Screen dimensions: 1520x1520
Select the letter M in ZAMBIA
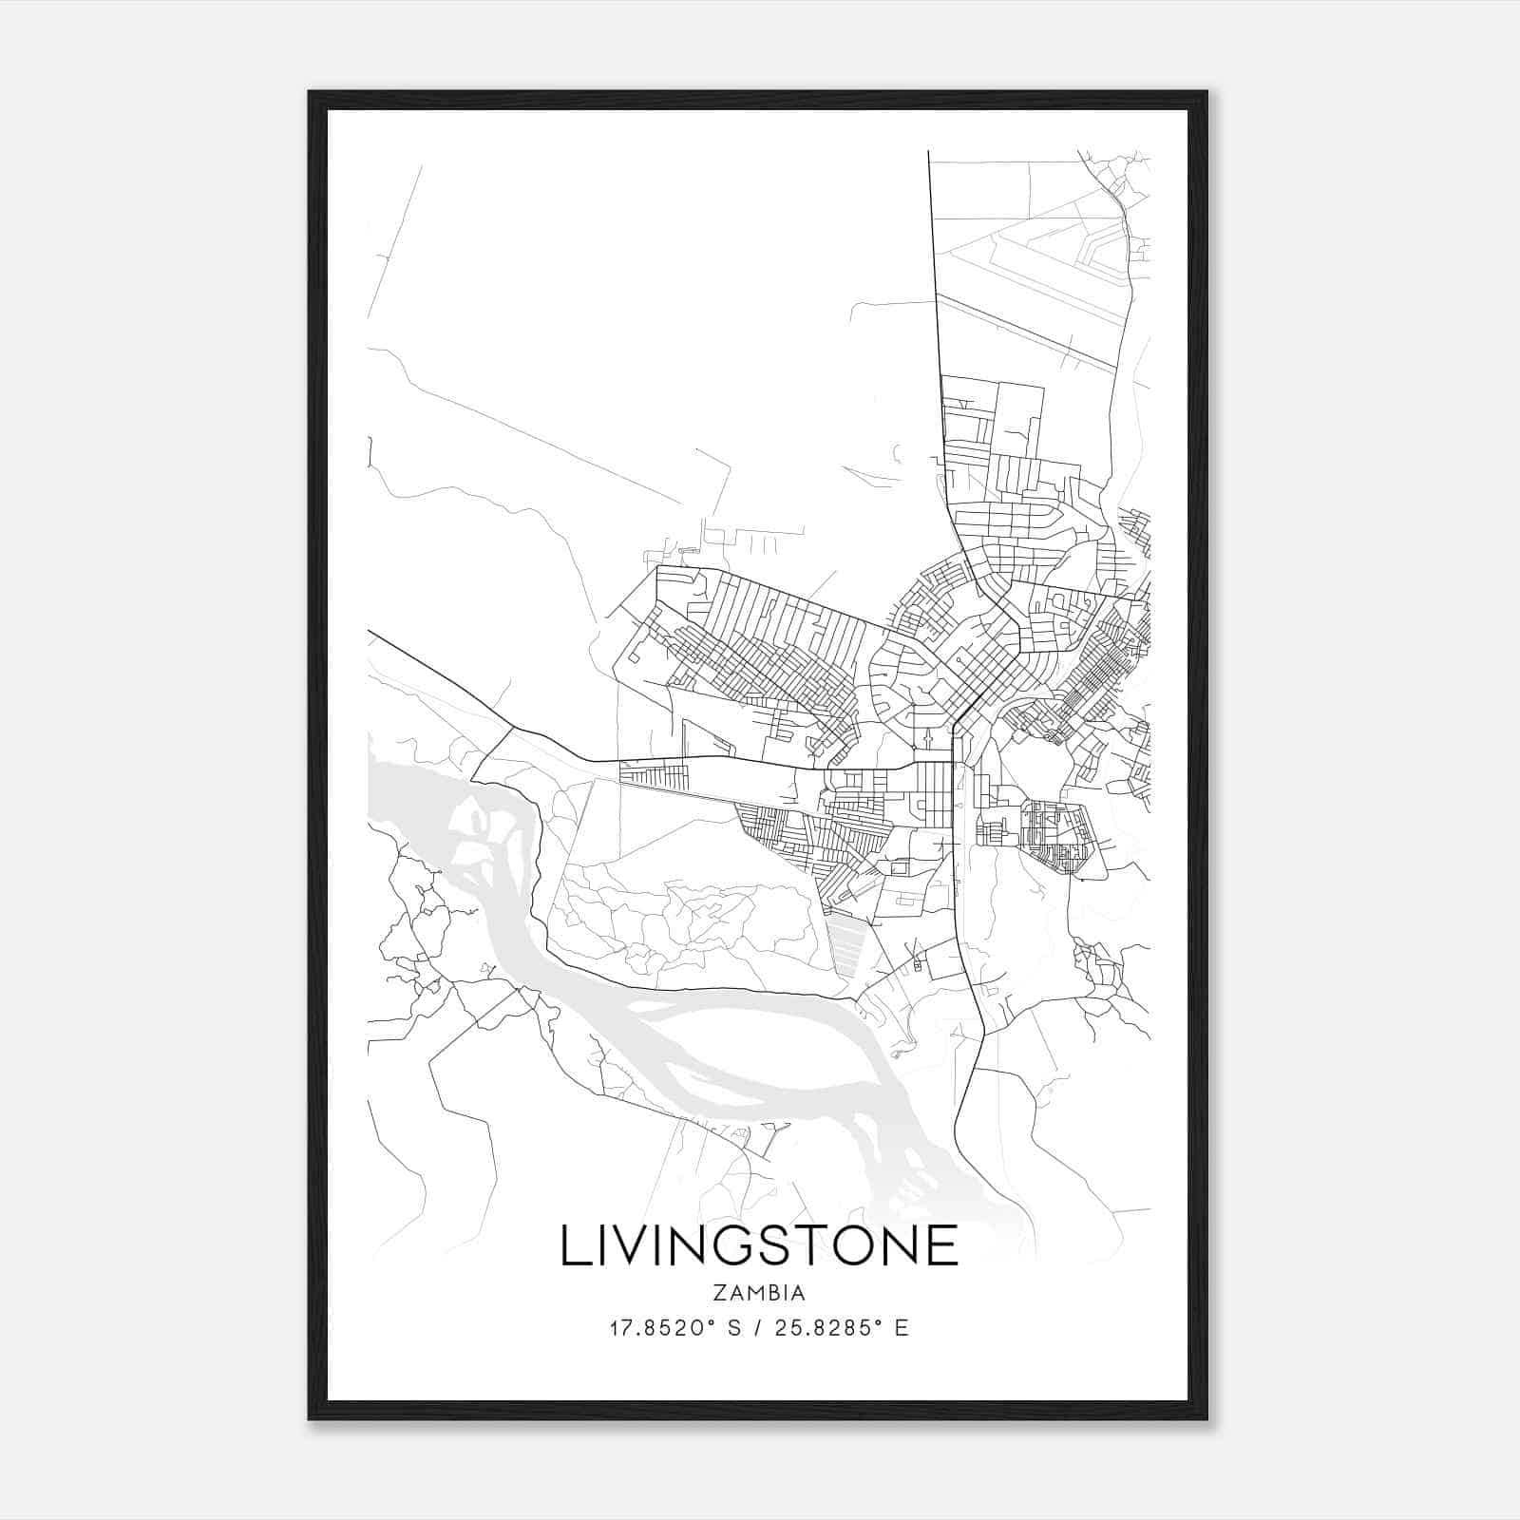tap(751, 1293)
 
